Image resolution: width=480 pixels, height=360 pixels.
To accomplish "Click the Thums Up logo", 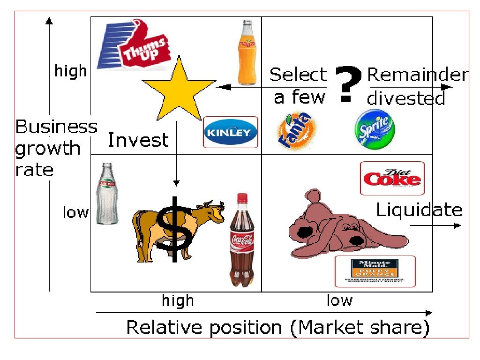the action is (x=134, y=45).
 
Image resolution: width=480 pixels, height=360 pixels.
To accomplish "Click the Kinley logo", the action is (x=231, y=132).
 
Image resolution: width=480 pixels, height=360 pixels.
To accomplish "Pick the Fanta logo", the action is (x=294, y=131).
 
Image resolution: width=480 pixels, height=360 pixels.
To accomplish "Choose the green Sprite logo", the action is (x=374, y=129).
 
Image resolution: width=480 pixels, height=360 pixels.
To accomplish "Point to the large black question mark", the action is (x=347, y=83).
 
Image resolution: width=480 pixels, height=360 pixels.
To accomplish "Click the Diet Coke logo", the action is (x=392, y=178).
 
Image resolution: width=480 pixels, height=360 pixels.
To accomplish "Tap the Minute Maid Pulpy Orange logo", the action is (x=375, y=271).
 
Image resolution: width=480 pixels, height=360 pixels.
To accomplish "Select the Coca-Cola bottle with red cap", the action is (x=241, y=240).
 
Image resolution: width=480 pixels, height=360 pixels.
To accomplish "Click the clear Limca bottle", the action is (x=107, y=194).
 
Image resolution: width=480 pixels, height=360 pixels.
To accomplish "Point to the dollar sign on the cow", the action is (x=174, y=228).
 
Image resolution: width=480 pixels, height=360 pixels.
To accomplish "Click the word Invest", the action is (x=138, y=140).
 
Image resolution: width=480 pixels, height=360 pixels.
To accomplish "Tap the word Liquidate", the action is (x=419, y=210).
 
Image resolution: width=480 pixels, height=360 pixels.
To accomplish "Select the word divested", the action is (x=405, y=98).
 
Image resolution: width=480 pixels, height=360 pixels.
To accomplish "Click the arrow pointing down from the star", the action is (x=176, y=155).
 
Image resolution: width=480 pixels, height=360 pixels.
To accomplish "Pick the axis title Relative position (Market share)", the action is (x=278, y=327).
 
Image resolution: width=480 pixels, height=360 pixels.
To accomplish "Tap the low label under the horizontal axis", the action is (x=339, y=300).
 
